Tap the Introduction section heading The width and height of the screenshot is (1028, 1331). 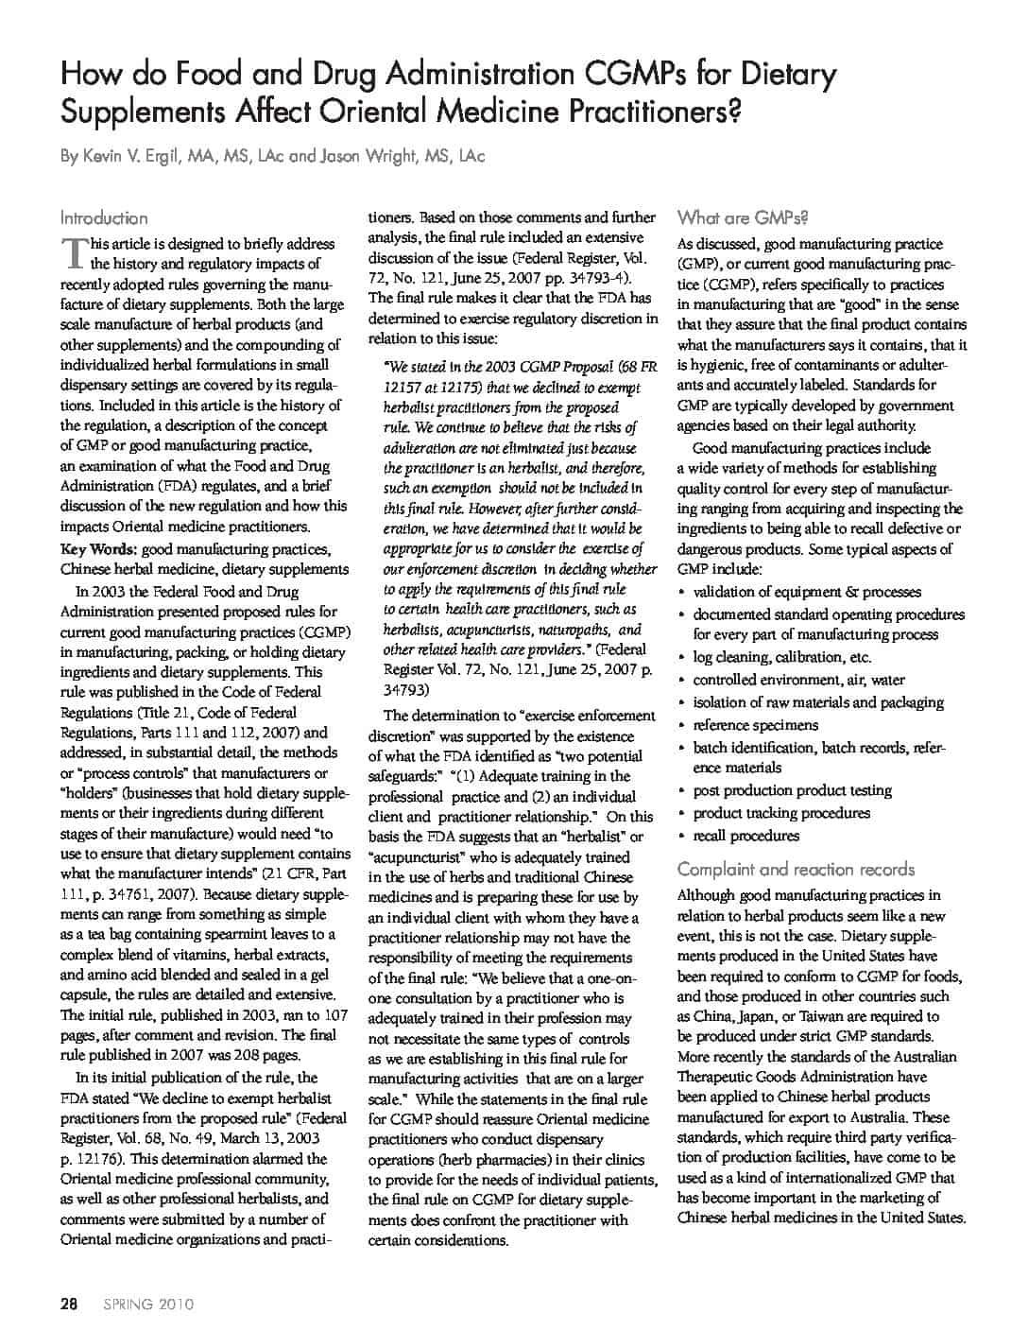click(x=104, y=218)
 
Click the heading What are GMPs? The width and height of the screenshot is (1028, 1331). click(x=743, y=218)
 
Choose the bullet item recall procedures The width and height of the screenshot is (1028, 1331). click(x=746, y=836)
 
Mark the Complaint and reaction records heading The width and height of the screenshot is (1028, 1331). click(x=797, y=869)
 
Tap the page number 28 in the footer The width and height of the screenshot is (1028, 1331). click(x=68, y=1305)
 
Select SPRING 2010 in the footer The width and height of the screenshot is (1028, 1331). click(x=143, y=1305)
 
